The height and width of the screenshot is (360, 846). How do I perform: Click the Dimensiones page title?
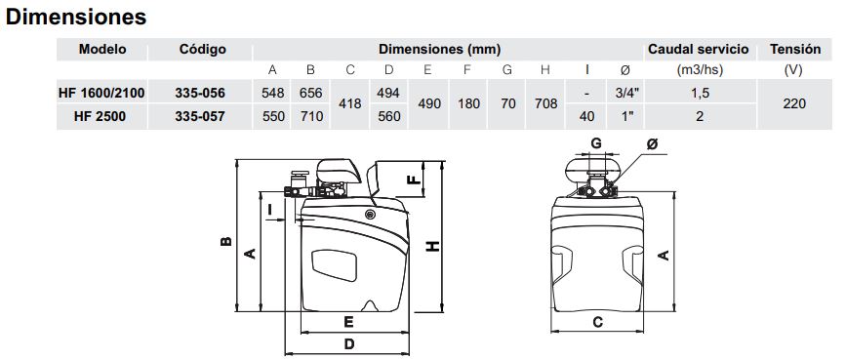click(x=76, y=17)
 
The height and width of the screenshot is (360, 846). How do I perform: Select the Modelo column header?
click(x=102, y=49)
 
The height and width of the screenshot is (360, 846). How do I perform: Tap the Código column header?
click(x=202, y=50)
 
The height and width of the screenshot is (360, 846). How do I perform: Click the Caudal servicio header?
click(x=698, y=49)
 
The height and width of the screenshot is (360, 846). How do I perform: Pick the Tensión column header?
click(x=795, y=49)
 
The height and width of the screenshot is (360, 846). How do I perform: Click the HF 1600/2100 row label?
click(x=101, y=93)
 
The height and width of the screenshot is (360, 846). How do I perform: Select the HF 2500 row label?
click(x=100, y=116)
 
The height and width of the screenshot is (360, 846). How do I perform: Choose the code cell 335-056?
click(x=200, y=93)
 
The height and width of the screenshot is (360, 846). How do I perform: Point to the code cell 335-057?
click(x=200, y=116)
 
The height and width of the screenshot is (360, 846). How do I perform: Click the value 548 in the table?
click(x=272, y=93)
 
